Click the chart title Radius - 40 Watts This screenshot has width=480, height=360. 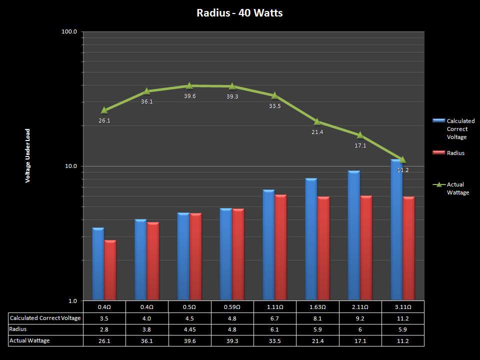239,13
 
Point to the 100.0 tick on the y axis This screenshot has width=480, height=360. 69,31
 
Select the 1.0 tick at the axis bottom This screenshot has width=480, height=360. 72,300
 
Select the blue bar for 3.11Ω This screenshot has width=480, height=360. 396,230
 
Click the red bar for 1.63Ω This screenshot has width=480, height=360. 323,248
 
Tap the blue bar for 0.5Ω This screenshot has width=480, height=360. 183,256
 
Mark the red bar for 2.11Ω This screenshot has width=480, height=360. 366,248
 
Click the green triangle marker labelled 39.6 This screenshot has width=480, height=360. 189,86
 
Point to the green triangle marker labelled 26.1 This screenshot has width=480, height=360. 104,110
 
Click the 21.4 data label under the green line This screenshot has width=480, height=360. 317,132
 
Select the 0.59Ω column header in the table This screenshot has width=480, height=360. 232,307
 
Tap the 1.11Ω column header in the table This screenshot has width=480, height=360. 274,307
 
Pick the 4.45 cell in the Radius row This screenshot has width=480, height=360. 189,329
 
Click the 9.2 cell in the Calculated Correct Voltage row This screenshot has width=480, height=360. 360,318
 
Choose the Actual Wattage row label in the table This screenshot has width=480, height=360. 29,340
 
